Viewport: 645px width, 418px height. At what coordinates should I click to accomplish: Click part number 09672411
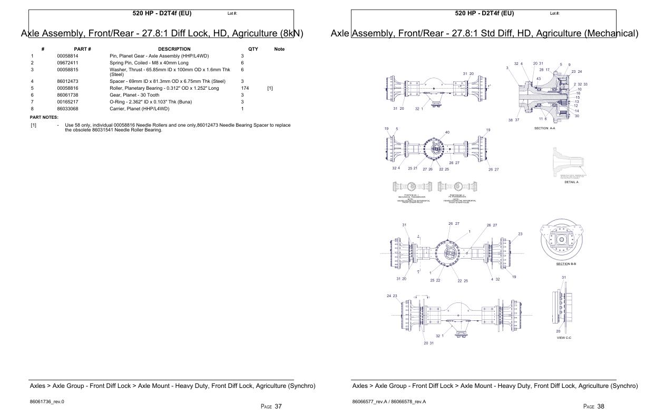click(x=67, y=62)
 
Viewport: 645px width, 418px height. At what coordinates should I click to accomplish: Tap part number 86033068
click(x=67, y=108)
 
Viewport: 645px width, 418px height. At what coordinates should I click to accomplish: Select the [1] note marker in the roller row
click(x=270, y=88)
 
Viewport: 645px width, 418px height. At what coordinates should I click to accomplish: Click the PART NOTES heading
click(x=44, y=117)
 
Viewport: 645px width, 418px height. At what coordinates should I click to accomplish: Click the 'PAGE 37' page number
click(x=271, y=406)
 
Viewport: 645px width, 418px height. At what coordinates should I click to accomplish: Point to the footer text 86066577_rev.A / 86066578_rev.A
click(x=389, y=402)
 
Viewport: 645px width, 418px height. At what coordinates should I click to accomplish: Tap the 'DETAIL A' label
click(x=571, y=182)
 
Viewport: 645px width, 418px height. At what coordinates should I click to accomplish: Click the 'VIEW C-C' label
click(x=564, y=337)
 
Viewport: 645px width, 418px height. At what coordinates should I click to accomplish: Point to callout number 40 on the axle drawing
click(x=447, y=132)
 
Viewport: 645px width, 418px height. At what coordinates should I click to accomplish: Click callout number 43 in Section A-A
click(x=538, y=78)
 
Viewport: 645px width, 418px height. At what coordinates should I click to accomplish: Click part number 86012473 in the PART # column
click(x=67, y=81)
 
